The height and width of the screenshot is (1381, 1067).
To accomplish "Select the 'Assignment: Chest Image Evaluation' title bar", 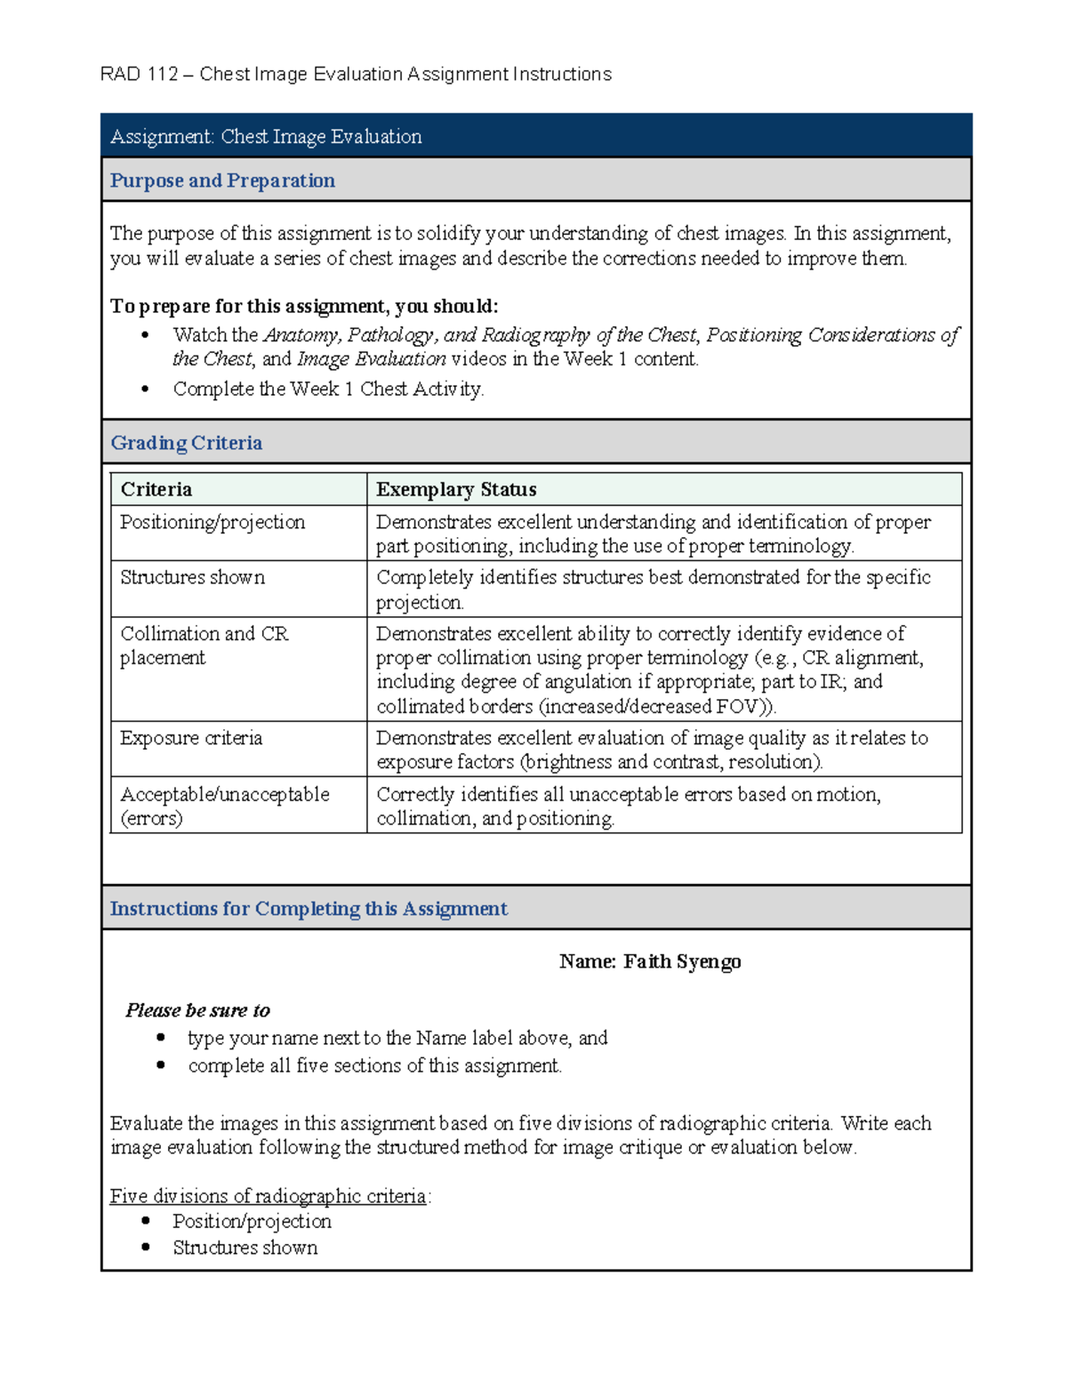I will coord(266,137).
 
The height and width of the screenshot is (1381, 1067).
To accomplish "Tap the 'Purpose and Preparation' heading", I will coord(222,181).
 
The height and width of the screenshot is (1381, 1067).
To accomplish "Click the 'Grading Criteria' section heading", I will coord(186,443).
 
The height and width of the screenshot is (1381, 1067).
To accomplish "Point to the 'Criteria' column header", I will coord(156,489).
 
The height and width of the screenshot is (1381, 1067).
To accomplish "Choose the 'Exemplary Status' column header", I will coord(456,489).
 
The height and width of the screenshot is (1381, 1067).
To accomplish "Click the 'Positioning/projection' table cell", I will coord(213,522).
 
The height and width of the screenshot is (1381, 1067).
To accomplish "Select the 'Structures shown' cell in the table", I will coord(192,577).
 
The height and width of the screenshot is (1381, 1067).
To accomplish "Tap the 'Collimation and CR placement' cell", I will coord(205,646).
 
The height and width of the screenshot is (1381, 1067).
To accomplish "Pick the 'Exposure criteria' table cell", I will coord(191,738).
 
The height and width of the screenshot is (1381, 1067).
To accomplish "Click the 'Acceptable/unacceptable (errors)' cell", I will coord(224,806).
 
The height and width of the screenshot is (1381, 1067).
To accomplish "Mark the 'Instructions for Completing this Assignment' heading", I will coord(309,909).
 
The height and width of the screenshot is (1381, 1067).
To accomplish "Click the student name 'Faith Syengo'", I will coord(682,961).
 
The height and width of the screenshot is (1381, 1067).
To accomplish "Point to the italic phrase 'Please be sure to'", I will coord(197,1010).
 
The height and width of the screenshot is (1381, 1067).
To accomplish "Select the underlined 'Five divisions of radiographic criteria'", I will coord(268,1196).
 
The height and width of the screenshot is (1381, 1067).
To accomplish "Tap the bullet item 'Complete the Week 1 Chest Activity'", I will coord(328,389).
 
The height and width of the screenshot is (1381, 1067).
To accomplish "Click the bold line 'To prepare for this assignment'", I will coord(303,307).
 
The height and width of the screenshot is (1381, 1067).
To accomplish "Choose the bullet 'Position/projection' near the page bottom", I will coord(252,1221).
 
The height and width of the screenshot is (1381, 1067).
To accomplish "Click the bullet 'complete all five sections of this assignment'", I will coord(374,1065).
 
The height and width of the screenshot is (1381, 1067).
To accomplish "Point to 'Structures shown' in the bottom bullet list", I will coord(245,1248).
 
